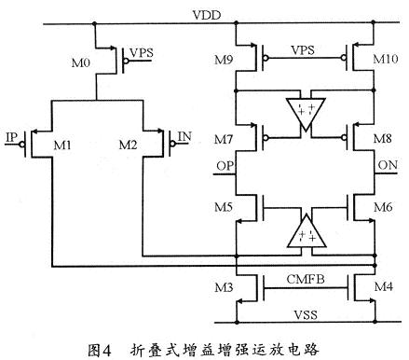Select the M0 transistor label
coord(81,63)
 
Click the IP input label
coord(12,137)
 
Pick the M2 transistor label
coord(129,145)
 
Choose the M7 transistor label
coord(221,140)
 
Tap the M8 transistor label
coord(384,140)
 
